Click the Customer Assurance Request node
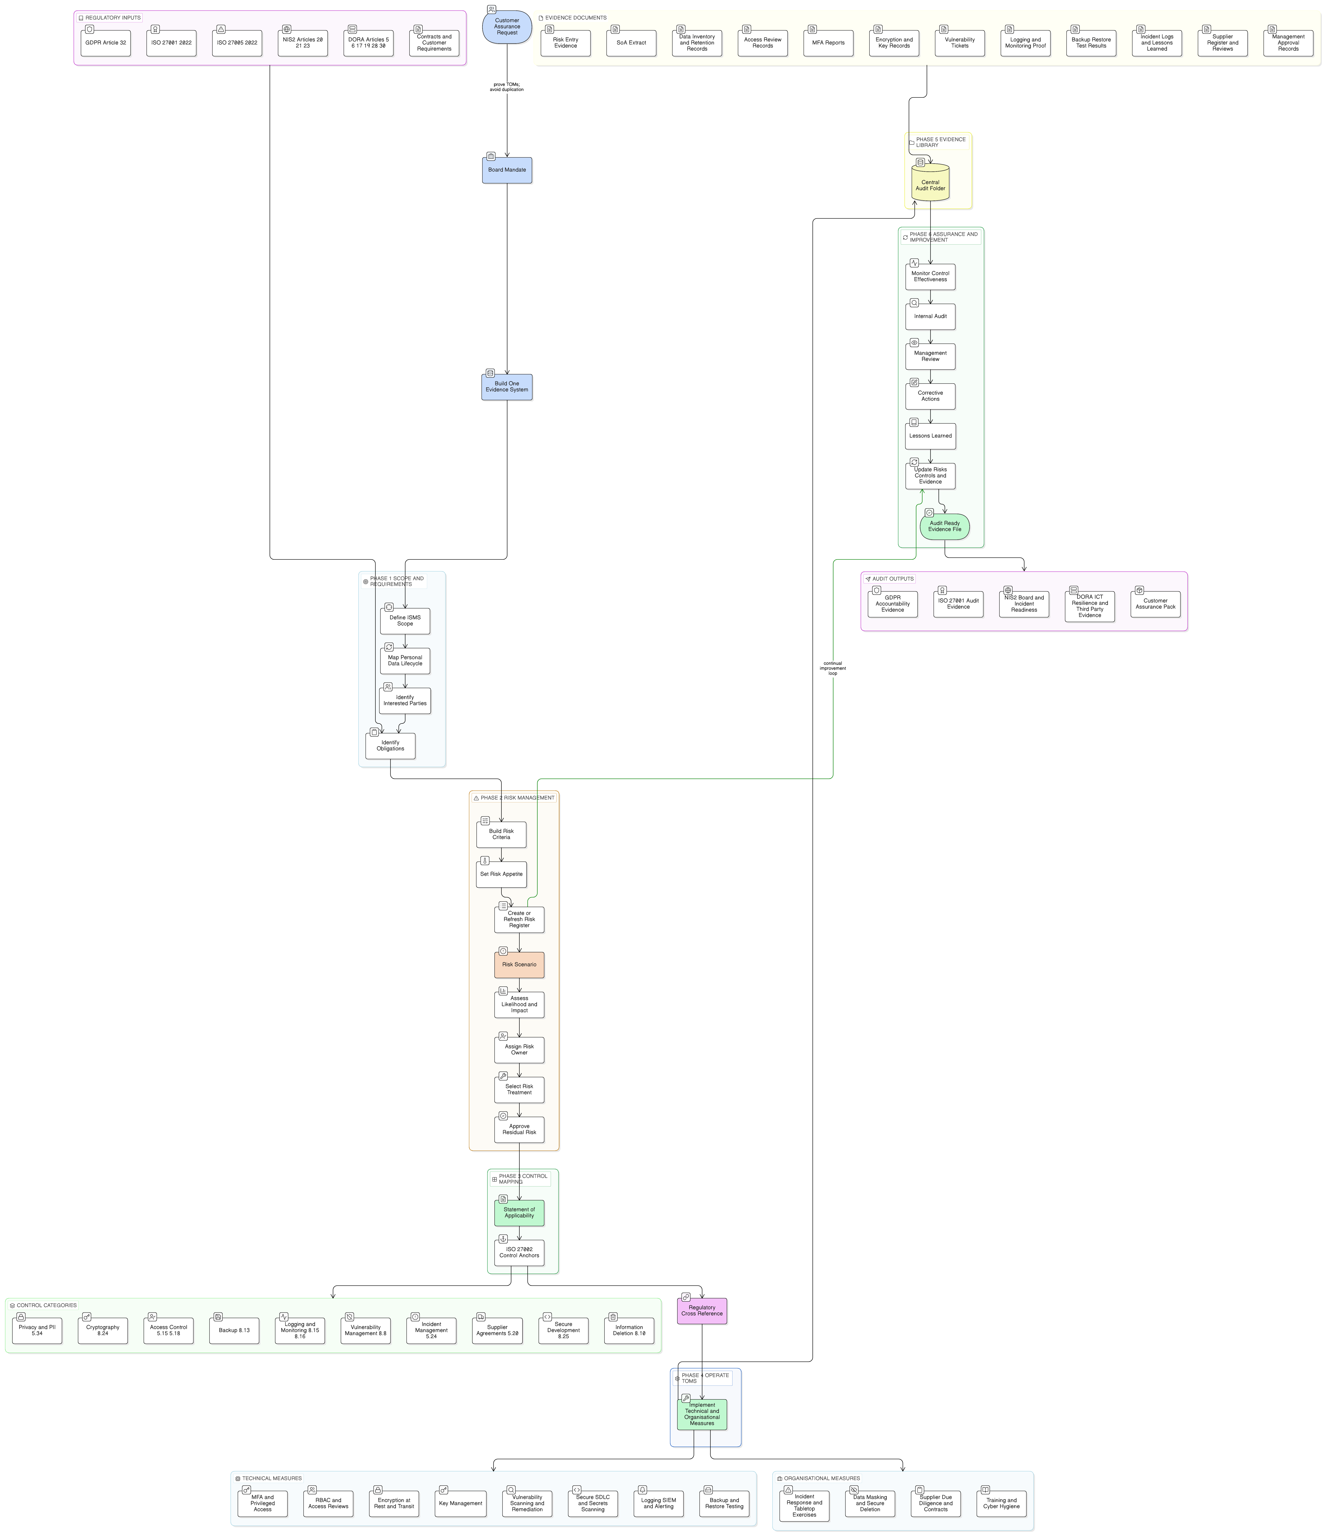click(x=507, y=27)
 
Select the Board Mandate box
click(x=507, y=170)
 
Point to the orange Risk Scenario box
click(x=519, y=965)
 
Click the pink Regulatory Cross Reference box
click(x=702, y=1311)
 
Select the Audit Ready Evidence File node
click(x=945, y=526)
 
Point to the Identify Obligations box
click(x=390, y=746)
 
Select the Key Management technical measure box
click(x=460, y=1503)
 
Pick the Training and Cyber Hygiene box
click(x=1001, y=1503)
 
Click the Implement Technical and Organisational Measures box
click(x=702, y=1414)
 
